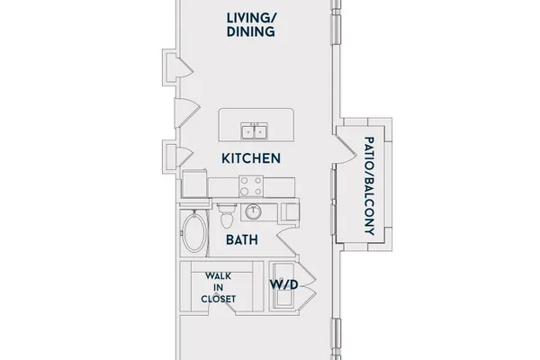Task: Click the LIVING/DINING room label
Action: [251, 25]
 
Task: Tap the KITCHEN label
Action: [251, 158]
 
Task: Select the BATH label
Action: [242, 239]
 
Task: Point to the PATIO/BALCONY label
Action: [369, 186]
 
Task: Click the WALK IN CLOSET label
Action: [219, 288]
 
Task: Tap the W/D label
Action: [283, 285]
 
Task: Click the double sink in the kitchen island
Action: [255, 131]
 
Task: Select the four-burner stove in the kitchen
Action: [251, 186]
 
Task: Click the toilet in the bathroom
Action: [227, 215]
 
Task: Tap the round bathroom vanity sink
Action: [253, 211]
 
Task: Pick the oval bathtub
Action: [194, 232]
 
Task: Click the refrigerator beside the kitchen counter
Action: [194, 184]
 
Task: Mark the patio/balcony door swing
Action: [346, 149]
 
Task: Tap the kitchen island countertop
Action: [256, 125]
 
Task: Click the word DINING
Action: [251, 31]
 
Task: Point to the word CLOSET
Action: [219, 299]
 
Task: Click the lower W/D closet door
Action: [307, 298]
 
